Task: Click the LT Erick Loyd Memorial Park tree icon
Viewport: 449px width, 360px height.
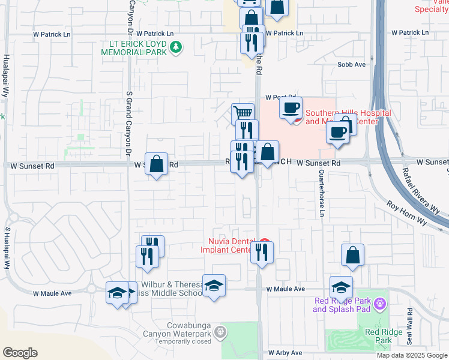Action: pos(176,47)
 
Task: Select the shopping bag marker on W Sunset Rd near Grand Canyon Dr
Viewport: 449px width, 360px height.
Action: pos(156,164)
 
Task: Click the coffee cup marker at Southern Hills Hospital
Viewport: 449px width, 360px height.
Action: pos(291,109)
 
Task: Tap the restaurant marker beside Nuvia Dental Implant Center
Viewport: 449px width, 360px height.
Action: pos(262,253)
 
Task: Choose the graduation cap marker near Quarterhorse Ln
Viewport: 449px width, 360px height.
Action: pos(341,287)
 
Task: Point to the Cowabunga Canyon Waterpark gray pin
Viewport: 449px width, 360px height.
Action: pos(221,331)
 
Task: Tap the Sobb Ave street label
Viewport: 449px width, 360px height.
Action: pos(352,65)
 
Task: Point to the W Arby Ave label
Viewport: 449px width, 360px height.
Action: pos(285,353)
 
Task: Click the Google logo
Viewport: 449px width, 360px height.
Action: pos(20,353)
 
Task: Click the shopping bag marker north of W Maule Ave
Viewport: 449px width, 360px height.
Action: pos(352,255)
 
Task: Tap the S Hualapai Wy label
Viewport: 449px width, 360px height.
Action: pos(8,247)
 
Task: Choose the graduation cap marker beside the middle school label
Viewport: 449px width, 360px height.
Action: pos(214,286)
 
